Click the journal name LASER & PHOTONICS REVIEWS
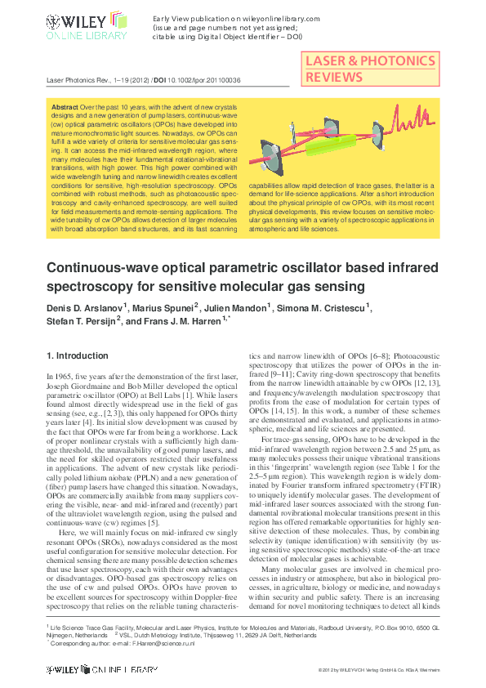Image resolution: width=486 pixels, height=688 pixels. pyautogui.click(x=369, y=69)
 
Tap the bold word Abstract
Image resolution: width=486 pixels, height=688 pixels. pyautogui.click(x=65, y=107)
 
